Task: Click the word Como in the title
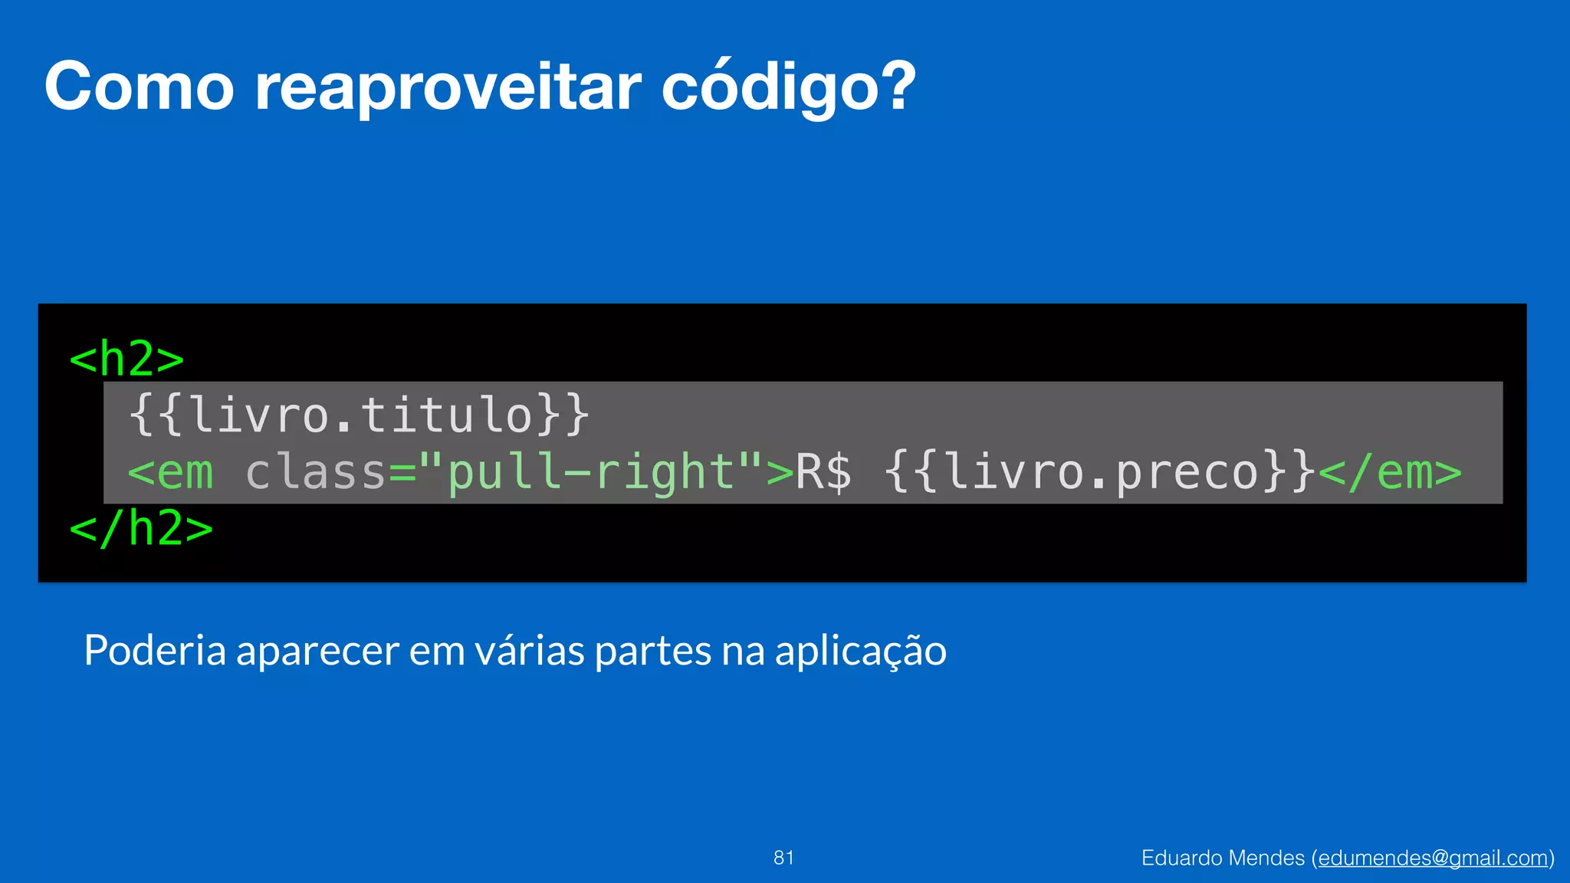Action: click(x=139, y=87)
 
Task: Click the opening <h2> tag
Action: click(x=126, y=359)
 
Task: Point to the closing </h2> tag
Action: click(x=141, y=528)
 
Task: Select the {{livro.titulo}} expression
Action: click(x=359, y=415)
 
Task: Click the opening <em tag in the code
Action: click(x=171, y=472)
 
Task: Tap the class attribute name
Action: click(x=315, y=472)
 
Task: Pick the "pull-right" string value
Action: click(x=590, y=472)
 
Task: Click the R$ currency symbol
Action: click(x=823, y=472)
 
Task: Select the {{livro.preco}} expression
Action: click(x=1100, y=472)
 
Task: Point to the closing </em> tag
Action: click(x=1390, y=472)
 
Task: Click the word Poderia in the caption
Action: click(x=155, y=651)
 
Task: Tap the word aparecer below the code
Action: click(x=317, y=651)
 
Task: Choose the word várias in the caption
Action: click(x=530, y=651)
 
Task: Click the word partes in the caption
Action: click(x=653, y=651)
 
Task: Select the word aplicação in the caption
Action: click(x=860, y=651)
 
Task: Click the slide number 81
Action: click(x=783, y=858)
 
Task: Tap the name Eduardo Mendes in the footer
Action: click(x=1223, y=858)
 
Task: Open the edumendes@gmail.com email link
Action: click(x=1433, y=858)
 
